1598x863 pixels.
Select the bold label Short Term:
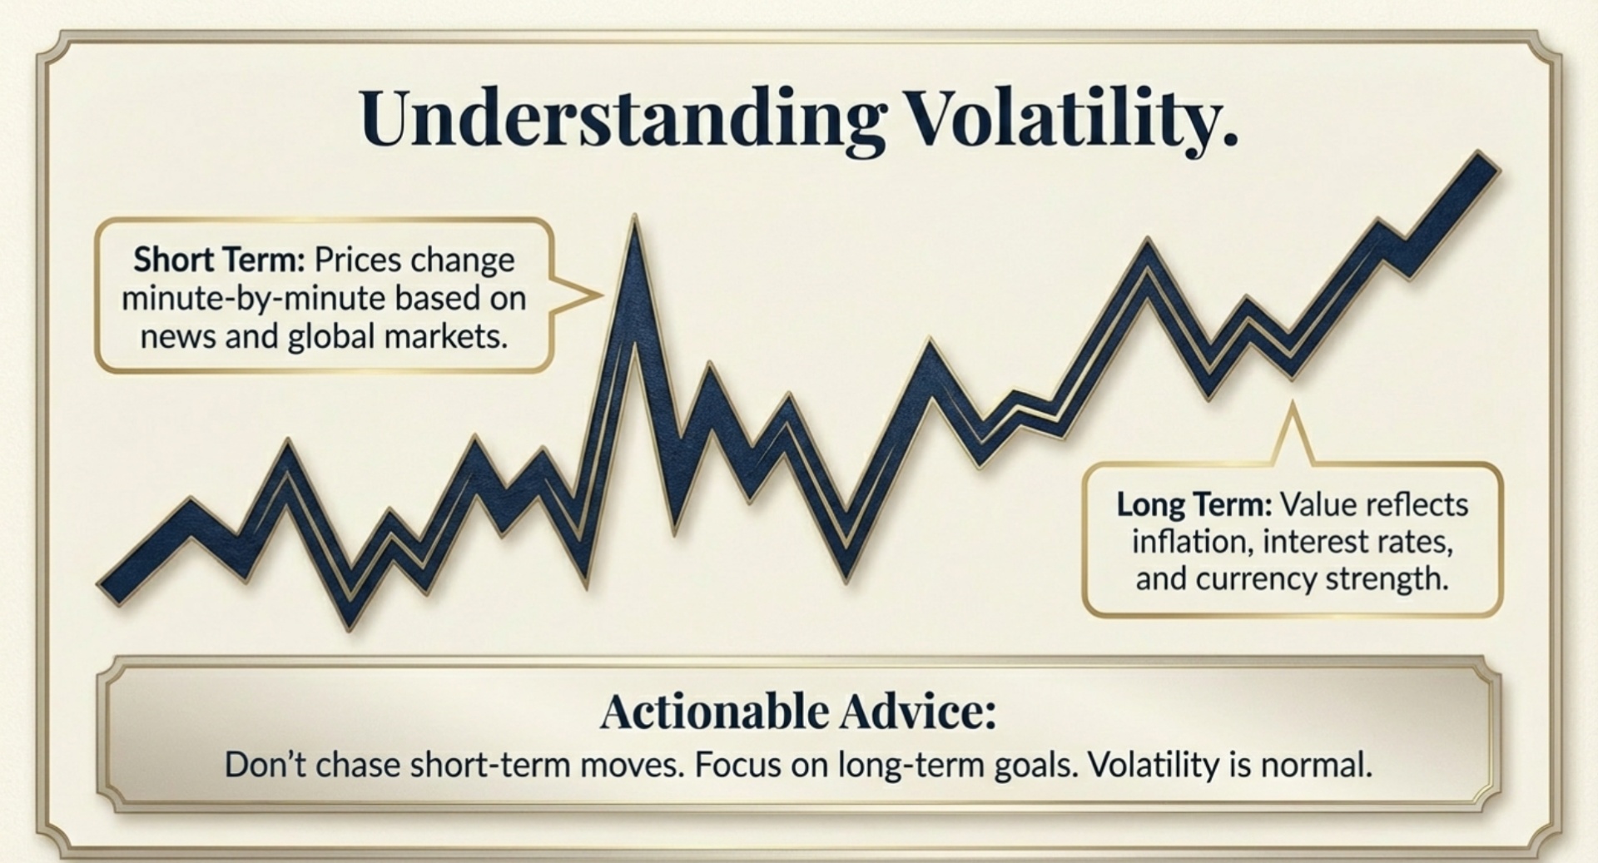pos(219,260)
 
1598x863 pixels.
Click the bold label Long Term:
pos(1194,504)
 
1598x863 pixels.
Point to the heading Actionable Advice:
pos(797,712)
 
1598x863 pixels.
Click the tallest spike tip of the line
pos(634,220)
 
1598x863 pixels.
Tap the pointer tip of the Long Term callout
pos(1292,406)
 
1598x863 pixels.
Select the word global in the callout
pos(332,337)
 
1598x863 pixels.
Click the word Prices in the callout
pos(360,260)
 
